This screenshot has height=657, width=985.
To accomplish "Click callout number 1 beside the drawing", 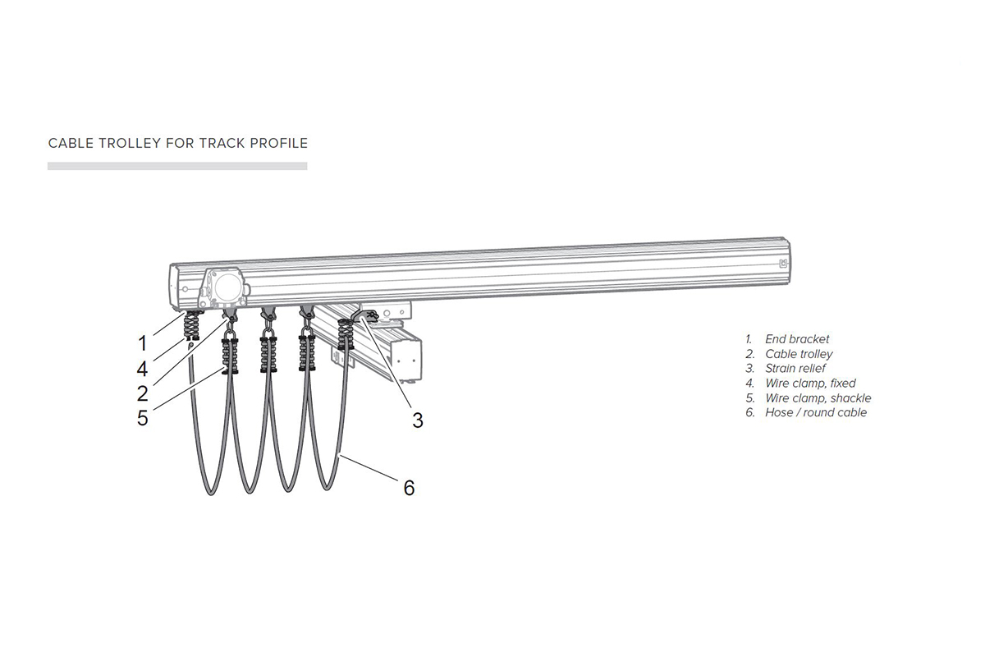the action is click(x=142, y=343).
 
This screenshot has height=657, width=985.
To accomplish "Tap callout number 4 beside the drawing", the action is click(x=142, y=369).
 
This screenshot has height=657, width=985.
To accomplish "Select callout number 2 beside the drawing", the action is click(x=143, y=393).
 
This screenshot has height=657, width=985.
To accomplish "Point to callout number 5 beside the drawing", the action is click(x=143, y=418).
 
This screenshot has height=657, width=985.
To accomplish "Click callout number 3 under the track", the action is click(x=418, y=420).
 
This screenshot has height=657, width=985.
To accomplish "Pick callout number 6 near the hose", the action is click(x=409, y=488).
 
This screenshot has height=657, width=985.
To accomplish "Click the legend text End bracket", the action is click(x=797, y=339).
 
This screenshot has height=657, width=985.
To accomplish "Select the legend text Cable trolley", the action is click(x=799, y=354).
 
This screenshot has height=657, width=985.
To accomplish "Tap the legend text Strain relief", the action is click(x=795, y=368).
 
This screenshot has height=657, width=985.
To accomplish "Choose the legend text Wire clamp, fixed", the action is click(x=810, y=384).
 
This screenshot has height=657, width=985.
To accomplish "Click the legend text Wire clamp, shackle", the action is click(x=818, y=397).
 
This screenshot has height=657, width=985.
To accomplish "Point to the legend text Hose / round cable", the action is click(x=816, y=412).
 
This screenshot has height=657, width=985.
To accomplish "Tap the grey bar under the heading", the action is click(x=177, y=166).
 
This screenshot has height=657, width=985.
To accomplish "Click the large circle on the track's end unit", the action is click(x=227, y=287).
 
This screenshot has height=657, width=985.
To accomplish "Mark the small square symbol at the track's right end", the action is click(x=783, y=264).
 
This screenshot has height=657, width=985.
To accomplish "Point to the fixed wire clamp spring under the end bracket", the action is click(x=190, y=326).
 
